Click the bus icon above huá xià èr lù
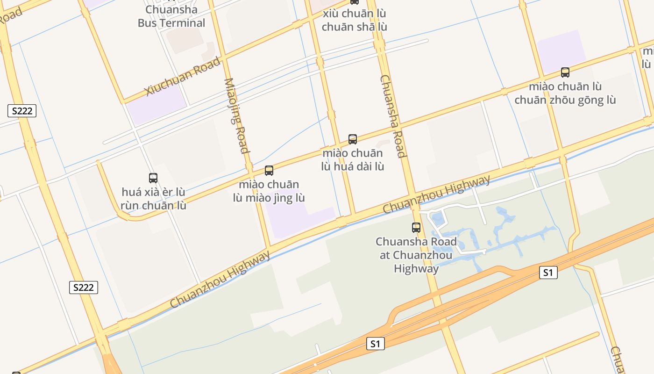coord(153,178)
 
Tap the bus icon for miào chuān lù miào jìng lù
coord(269,171)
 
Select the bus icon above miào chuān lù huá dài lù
coord(353,139)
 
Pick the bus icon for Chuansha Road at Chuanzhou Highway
coord(416,228)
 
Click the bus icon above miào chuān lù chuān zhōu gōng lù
coord(565,72)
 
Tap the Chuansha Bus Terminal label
coord(171,16)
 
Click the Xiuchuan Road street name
coord(183,76)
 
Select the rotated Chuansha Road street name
coord(392,116)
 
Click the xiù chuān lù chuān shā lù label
coord(355,20)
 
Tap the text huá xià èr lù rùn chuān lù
coord(153,199)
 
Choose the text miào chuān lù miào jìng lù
coord(269,191)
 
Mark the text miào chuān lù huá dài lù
coord(353,159)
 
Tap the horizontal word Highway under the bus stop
coord(416,269)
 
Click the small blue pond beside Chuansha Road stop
coord(438,218)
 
